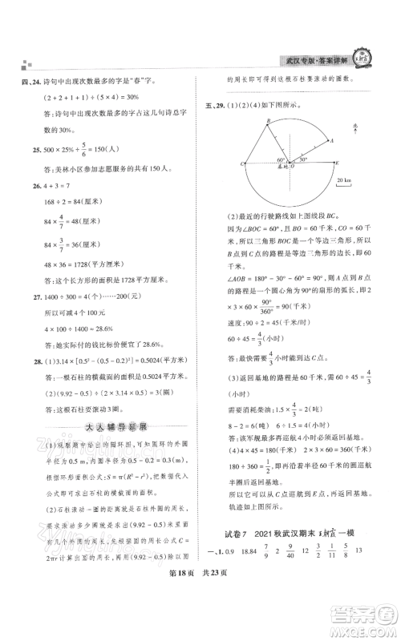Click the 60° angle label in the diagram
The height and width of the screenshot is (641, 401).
point(283,156)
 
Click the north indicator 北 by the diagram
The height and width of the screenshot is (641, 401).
point(363,120)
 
